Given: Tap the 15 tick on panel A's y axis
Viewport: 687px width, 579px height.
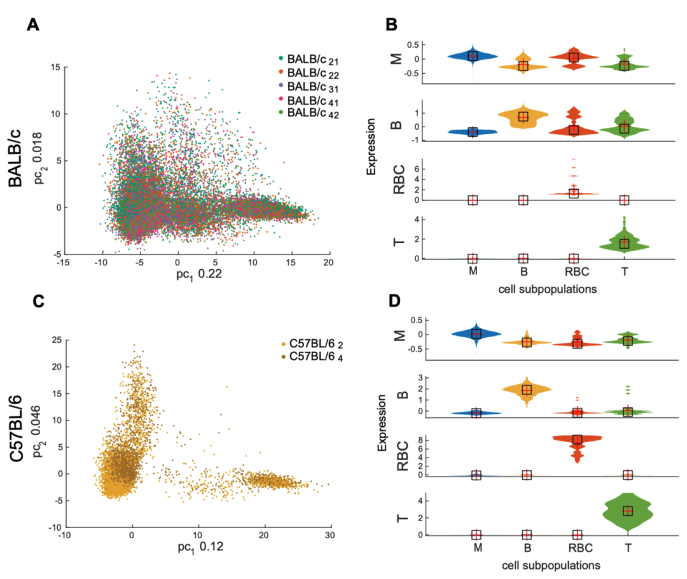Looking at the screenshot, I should pyautogui.click(x=56, y=67).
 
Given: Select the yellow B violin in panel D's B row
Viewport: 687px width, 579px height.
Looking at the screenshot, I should pyautogui.click(x=526, y=389).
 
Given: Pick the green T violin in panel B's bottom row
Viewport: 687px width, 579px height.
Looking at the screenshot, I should pyautogui.click(x=624, y=242).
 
